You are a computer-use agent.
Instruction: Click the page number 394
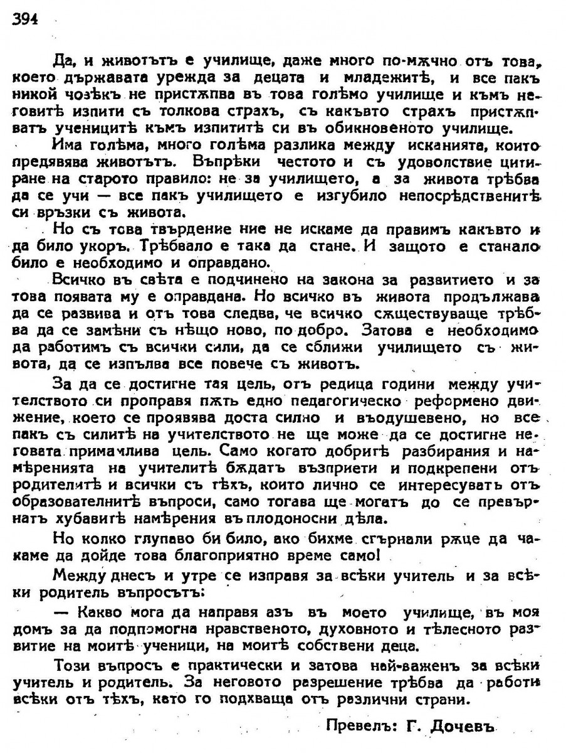point(25,19)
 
